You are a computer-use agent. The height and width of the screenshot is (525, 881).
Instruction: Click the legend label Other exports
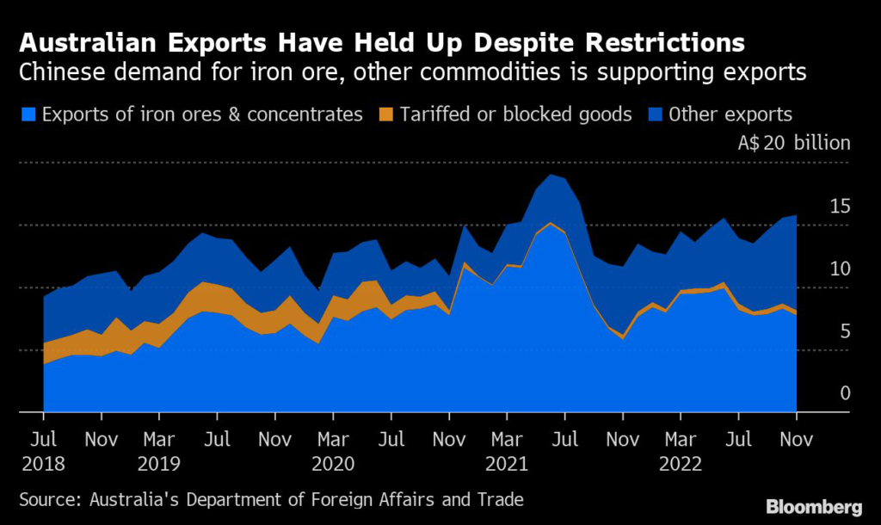(730, 114)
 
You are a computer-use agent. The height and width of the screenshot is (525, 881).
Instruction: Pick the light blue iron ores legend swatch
(30, 114)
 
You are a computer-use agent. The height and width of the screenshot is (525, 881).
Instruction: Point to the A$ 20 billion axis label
(793, 143)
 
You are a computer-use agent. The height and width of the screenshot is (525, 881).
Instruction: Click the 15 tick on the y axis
(840, 206)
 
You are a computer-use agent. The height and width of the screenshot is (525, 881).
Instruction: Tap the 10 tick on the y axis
(840, 269)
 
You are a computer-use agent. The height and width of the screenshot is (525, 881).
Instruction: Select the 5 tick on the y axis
(845, 331)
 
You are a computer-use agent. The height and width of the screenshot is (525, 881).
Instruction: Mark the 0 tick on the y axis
(845, 393)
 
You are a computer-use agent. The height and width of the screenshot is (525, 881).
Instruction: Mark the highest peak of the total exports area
(551, 175)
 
